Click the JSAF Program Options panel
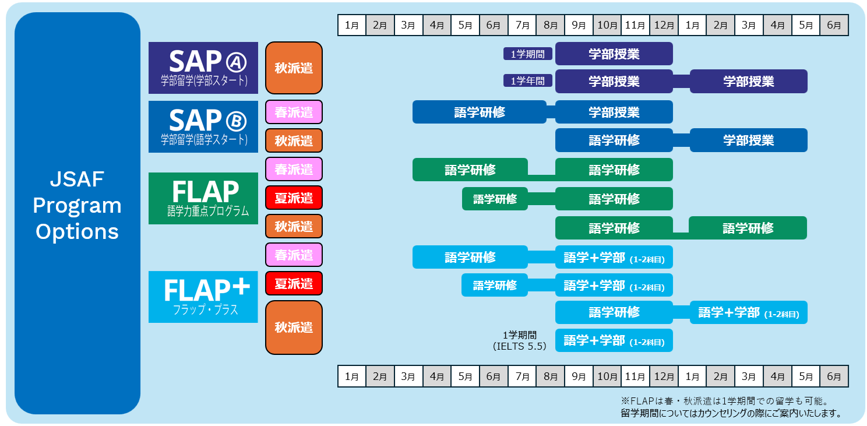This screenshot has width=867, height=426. click(x=77, y=213)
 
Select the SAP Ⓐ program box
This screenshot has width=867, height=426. click(x=203, y=68)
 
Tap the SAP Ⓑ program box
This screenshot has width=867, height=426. click(x=203, y=126)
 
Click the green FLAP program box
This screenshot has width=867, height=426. click(x=203, y=198)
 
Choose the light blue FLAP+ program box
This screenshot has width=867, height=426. click(x=203, y=297)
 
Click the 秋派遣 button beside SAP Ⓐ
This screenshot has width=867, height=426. click(x=294, y=68)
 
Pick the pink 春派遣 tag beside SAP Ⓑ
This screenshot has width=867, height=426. click(x=294, y=112)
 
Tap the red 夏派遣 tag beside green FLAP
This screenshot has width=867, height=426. click(x=294, y=198)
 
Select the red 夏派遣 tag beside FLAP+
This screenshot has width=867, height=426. click(x=294, y=284)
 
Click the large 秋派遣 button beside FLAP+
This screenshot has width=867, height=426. click(x=294, y=327)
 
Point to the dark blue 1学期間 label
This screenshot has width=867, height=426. click(x=528, y=54)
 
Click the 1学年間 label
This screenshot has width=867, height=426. click(x=528, y=81)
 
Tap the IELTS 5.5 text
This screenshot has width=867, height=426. click(x=520, y=346)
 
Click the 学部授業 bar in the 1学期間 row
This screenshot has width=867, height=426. click(x=614, y=54)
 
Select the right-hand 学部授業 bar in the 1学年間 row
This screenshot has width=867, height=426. click(x=748, y=81)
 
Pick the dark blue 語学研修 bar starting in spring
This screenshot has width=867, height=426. click(x=479, y=112)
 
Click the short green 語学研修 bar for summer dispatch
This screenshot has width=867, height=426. click(x=495, y=199)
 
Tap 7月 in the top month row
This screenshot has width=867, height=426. click(x=522, y=25)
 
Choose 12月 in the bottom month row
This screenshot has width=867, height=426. click(x=664, y=376)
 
